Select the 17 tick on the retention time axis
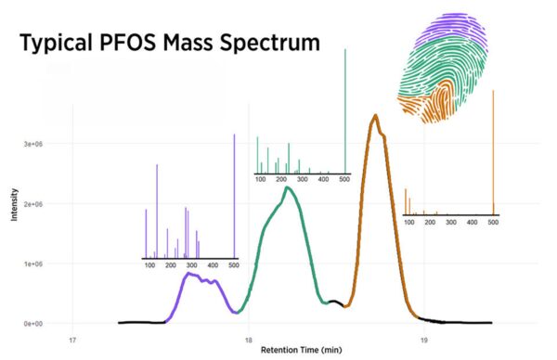73,339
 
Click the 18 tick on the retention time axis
249,339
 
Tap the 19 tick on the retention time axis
424,339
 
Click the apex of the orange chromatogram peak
375,116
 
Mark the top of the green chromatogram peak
289,187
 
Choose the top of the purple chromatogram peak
189,274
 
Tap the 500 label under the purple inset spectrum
234,266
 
